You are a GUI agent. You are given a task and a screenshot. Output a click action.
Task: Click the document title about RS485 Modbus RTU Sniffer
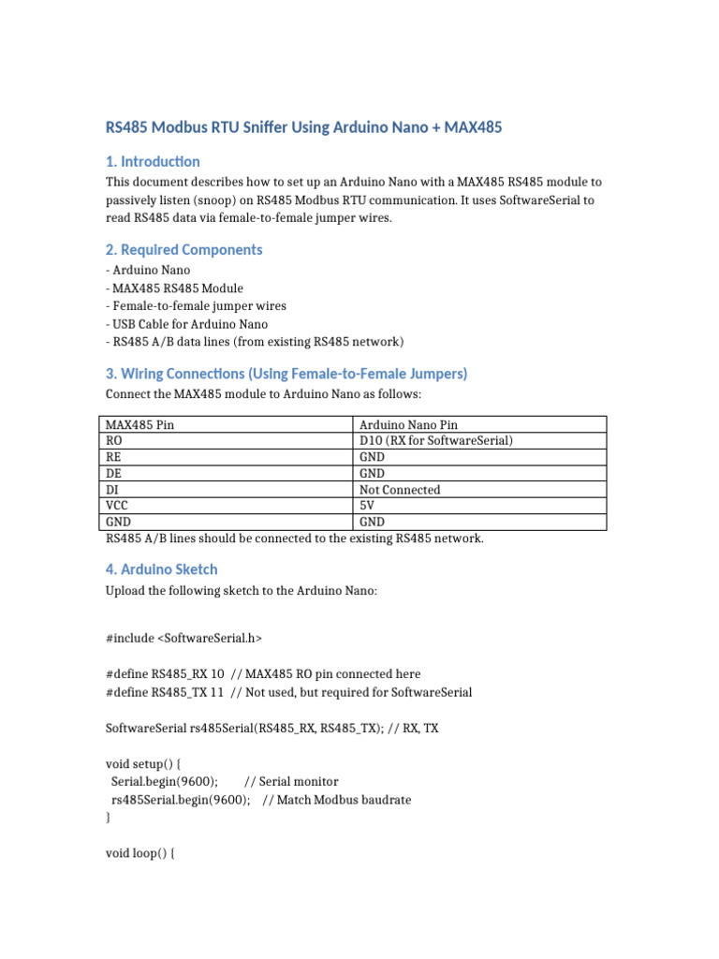click(304, 127)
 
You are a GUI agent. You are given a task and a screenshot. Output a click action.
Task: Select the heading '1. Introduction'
click(153, 161)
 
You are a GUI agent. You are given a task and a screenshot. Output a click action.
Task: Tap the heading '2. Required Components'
click(183, 249)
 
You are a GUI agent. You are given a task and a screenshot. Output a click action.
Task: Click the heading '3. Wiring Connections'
click(286, 374)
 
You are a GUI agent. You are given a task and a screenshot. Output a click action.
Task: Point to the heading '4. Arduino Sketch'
click(161, 568)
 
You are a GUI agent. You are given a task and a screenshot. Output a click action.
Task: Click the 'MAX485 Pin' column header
click(140, 424)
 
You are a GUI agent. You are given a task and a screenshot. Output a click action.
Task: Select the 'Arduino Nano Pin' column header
click(409, 424)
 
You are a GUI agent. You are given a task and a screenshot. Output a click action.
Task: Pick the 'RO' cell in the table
click(114, 440)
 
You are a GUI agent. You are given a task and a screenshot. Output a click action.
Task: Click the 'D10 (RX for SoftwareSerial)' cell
click(436, 440)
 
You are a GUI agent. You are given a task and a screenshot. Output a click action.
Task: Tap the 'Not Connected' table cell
click(400, 490)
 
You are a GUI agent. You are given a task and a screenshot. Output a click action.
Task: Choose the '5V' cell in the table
click(367, 506)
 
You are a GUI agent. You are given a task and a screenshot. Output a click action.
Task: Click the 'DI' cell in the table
click(112, 490)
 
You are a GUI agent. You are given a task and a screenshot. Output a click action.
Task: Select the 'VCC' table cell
click(117, 506)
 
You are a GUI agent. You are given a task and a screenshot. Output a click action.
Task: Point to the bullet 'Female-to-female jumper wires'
click(197, 305)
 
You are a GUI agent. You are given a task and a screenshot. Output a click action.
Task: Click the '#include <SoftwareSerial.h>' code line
click(184, 638)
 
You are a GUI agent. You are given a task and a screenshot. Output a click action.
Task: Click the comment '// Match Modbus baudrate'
click(336, 800)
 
